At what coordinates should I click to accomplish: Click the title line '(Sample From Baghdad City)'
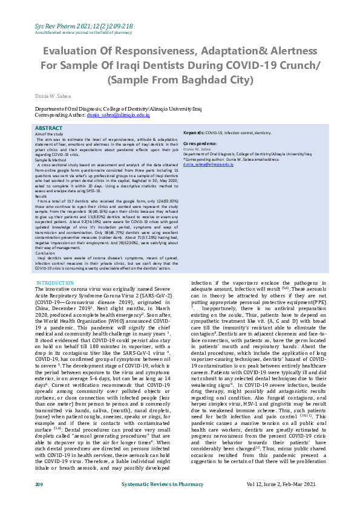pyautogui.click(x=180, y=79)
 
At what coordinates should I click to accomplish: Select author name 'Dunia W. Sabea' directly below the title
pyautogui.click(x=54, y=96)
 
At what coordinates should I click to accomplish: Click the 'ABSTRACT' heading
pyautogui.click(x=48, y=129)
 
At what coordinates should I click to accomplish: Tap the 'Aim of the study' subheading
pyautogui.click(x=49, y=135)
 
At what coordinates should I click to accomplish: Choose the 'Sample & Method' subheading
pyautogui.click(x=50, y=159)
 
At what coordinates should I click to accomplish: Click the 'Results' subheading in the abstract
pyautogui.click(x=41, y=196)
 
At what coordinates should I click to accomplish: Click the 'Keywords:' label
pyautogui.click(x=194, y=132)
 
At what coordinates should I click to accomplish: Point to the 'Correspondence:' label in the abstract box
pyautogui.click(x=200, y=143)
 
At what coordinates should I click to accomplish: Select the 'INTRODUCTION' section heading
pyautogui.click(x=55, y=282)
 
